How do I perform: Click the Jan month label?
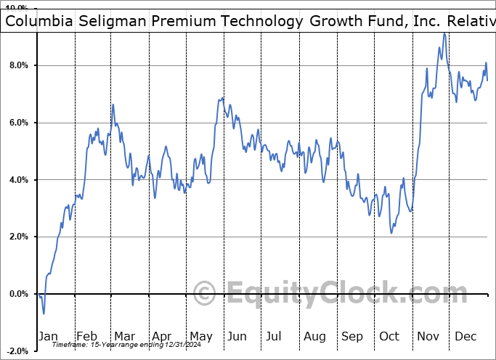49,336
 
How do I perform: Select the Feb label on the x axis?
86,336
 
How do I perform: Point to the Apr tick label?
161,336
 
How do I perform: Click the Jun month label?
237,336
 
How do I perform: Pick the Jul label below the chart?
274,336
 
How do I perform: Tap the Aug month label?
314,336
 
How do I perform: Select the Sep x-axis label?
352,336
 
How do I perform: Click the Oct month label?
389,336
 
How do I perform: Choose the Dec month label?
465,336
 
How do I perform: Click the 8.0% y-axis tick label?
17,65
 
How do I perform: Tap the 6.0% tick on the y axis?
17,123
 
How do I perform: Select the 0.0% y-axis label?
17,294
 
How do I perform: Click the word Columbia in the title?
37,21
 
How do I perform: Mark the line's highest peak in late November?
444,33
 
